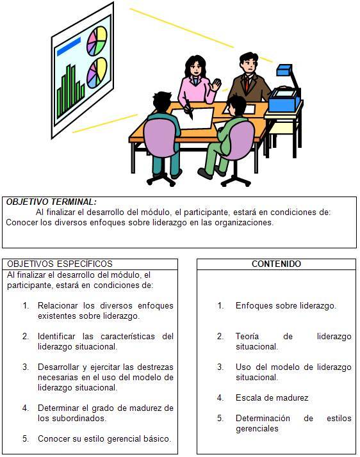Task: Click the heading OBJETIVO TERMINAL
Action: pos(51,202)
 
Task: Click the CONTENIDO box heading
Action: pos(276,264)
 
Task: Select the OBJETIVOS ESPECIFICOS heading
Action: pos(60,264)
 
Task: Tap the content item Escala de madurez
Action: pos(272,398)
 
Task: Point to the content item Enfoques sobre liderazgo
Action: pos(286,306)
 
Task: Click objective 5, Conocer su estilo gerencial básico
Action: pos(104,438)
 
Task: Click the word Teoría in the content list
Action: pos(247,336)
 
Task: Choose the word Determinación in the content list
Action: pos(263,418)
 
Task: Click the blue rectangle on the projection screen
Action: pos(69,47)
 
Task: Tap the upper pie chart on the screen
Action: pos(97,41)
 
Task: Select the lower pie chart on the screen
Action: pos(97,73)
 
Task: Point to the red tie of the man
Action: pos(247,83)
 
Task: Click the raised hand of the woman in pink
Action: pos(217,85)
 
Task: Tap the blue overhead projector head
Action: pos(284,70)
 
